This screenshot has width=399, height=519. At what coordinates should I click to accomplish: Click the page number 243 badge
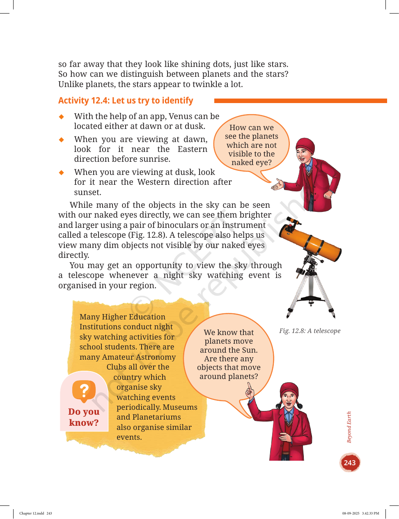click(x=350, y=463)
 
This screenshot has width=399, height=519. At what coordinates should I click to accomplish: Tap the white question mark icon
click(x=84, y=390)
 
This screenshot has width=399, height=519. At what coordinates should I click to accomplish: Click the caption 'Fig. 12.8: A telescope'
click(x=310, y=331)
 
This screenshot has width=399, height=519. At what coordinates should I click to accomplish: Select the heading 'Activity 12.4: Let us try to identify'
click(x=126, y=101)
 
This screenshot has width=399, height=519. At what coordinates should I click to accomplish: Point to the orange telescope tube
click(x=310, y=242)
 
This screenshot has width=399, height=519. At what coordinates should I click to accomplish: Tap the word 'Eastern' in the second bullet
click(x=193, y=149)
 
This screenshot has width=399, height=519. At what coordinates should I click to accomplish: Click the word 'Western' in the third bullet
click(x=153, y=182)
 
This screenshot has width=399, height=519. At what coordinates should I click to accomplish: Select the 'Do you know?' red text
click(x=84, y=417)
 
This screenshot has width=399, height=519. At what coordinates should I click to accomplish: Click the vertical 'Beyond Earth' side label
click(x=349, y=427)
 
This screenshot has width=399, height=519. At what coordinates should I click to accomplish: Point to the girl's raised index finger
click(x=250, y=387)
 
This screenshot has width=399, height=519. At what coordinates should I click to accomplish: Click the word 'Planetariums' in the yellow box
click(x=156, y=417)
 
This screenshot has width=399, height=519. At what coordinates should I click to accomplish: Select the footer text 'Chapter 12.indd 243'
click(x=36, y=513)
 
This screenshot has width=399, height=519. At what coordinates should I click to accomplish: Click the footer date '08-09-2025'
click(x=351, y=513)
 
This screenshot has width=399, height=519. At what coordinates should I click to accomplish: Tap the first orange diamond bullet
click(x=61, y=117)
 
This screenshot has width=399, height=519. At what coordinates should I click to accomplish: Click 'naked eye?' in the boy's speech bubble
click(x=252, y=163)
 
